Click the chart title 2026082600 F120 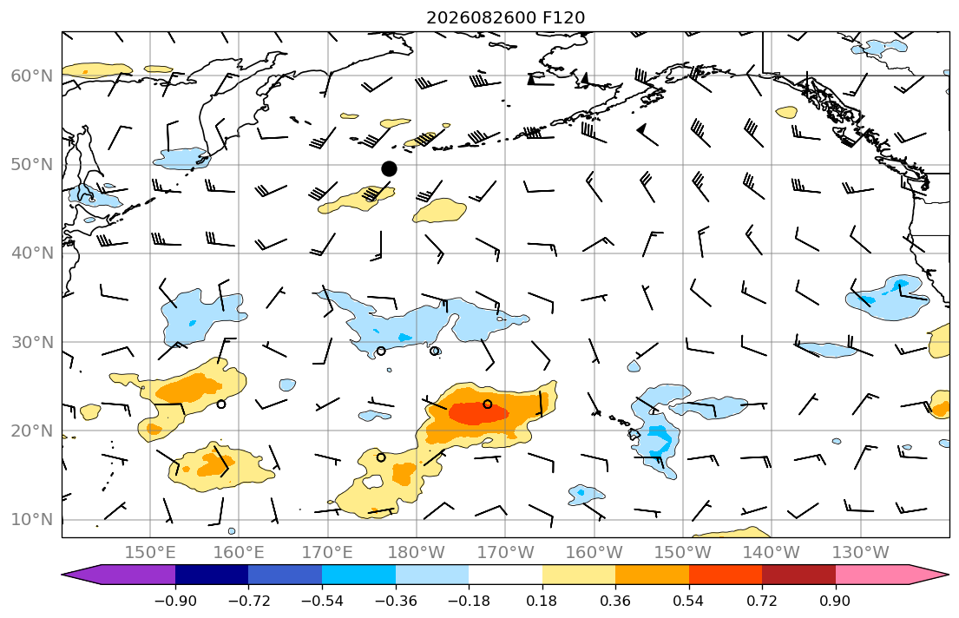(x=505, y=17)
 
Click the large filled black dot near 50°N (x=389, y=169)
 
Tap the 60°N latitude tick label (x=32, y=76)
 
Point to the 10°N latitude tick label (x=32, y=520)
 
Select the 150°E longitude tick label (x=150, y=553)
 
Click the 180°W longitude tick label (x=417, y=553)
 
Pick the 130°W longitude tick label (x=861, y=553)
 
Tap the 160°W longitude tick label (x=594, y=553)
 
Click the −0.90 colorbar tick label (x=175, y=601)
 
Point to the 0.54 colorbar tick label (x=689, y=601)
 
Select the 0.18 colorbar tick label (x=542, y=601)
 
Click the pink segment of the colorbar (x=872, y=575)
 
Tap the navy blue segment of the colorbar (x=212, y=575)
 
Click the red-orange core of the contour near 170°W (x=477, y=412)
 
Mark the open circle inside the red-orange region (x=488, y=404)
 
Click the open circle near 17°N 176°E (x=381, y=457)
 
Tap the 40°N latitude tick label (x=32, y=253)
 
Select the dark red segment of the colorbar (x=798, y=575)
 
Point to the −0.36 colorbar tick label (x=396, y=601)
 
